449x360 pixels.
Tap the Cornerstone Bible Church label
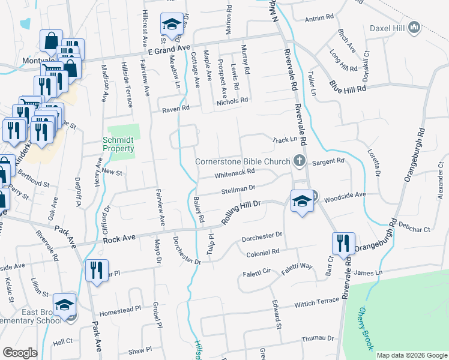[x=244, y=161]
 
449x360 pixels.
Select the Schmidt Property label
[x=118, y=145]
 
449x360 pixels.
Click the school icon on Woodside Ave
[x=301, y=202]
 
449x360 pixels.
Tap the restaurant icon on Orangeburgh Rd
[x=343, y=244]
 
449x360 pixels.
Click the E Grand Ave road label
[x=165, y=48]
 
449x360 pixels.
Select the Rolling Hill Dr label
[x=242, y=212]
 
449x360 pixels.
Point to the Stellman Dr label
[x=238, y=190]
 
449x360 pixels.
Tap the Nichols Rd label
[x=232, y=100]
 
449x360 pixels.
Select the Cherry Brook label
[x=365, y=329]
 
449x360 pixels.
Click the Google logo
[x=20, y=353]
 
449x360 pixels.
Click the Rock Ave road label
[x=116, y=239]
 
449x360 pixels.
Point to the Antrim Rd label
[x=319, y=18]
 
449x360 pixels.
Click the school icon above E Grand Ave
[x=172, y=25]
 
